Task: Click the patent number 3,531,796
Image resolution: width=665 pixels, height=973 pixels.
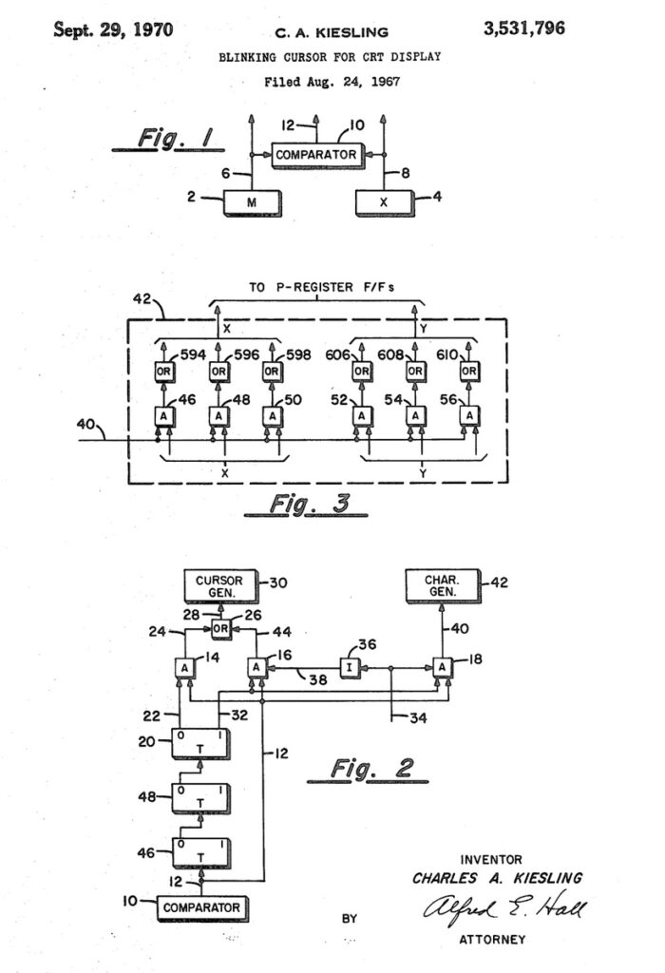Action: [524, 29]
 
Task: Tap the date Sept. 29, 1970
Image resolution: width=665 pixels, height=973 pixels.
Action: [113, 29]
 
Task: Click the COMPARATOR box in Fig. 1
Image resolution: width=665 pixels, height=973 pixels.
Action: [316, 155]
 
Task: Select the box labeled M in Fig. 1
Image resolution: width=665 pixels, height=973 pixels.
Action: [253, 203]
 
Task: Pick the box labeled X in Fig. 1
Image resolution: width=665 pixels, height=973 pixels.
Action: [384, 203]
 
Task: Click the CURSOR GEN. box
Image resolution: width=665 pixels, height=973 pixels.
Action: [221, 586]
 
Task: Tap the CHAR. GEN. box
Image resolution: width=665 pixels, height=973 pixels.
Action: [443, 585]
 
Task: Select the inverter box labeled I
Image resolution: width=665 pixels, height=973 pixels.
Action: [350, 668]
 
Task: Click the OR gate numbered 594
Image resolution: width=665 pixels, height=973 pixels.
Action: [163, 372]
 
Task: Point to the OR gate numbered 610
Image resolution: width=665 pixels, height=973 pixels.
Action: [469, 372]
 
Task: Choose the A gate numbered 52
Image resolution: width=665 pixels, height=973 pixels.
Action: [362, 416]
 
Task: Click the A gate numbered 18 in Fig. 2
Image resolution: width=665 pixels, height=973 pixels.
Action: [443, 667]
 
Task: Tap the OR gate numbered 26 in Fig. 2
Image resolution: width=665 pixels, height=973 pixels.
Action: [220, 629]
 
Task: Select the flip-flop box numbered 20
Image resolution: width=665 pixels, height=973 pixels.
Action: [201, 743]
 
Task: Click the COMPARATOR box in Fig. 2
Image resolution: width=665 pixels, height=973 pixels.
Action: [202, 907]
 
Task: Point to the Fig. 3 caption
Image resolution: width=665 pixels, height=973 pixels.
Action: [307, 504]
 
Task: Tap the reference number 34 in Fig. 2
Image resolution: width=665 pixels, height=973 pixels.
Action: [418, 718]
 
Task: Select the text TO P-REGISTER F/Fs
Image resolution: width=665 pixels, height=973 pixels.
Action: [321, 287]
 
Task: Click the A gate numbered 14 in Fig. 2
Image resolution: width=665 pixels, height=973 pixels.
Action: [184, 668]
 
